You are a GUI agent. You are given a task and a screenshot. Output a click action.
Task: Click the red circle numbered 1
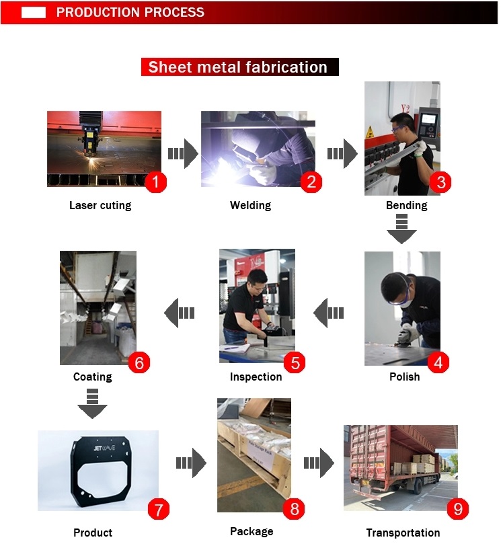[x=155, y=182]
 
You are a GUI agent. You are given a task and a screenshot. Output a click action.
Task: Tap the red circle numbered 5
[x=295, y=362]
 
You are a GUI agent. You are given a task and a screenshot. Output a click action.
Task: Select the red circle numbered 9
[x=457, y=508]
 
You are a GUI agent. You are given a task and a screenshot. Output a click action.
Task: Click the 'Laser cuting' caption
[x=100, y=205]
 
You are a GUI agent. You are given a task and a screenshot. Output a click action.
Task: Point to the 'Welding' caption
[x=250, y=205]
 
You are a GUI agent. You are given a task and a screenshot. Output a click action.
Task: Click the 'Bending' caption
[x=407, y=205]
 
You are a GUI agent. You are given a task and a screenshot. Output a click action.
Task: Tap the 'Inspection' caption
[x=256, y=377]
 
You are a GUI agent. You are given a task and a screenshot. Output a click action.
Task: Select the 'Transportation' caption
[x=403, y=533]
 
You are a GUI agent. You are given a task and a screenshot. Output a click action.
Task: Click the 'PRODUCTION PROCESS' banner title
[x=130, y=12]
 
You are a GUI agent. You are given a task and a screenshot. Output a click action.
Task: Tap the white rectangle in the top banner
[x=34, y=12]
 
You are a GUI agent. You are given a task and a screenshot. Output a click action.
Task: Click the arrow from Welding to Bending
[x=342, y=153]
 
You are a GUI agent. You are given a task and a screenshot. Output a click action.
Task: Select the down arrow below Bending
[x=401, y=229]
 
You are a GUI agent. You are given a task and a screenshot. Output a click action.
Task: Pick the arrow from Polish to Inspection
[x=329, y=313]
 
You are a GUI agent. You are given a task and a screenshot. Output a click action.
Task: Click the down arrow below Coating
[x=92, y=403]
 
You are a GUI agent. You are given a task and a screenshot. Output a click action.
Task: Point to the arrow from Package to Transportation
[x=319, y=463]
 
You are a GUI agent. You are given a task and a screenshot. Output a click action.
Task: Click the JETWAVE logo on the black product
[x=104, y=448]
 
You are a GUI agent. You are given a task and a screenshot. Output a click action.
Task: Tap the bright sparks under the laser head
[x=93, y=161]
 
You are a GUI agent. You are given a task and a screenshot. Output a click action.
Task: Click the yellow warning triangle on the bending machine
[x=369, y=132]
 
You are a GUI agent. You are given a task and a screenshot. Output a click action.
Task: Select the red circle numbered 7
[x=158, y=509]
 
